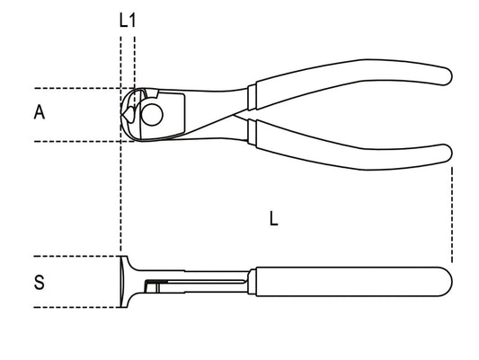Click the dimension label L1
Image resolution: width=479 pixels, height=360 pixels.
pyautogui.click(x=128, y=19)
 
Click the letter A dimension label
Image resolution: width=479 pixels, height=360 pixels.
pyautogui.click(x=39, y=112)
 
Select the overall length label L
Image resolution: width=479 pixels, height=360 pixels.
pyautogui.click(x=273, y=217)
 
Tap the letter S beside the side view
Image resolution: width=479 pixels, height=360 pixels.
pyautogui.click(x=39, y=283)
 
